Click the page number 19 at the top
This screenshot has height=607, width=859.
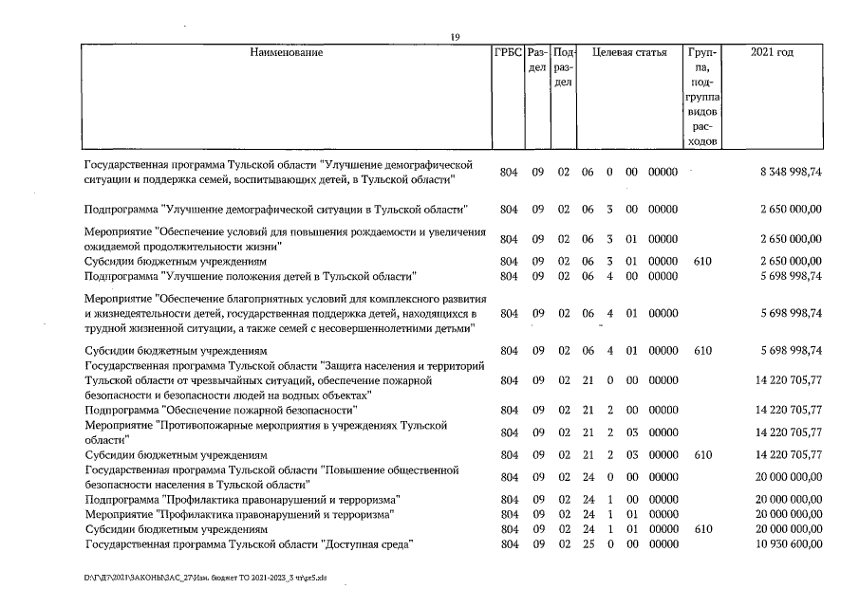(x=456, y=36)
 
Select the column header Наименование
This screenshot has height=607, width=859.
(x=286, y=52)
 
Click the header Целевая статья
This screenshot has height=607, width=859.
(x=629, y=52)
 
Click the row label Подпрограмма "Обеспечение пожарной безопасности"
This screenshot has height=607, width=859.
(x=220, y=410)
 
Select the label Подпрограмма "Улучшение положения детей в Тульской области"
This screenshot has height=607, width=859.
(x=251, y=276)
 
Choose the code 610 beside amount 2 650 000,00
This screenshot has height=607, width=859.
(x=702, y=261)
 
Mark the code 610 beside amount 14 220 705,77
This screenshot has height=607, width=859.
(x=702, y=455)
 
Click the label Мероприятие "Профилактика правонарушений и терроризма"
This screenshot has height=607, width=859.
(x=239, y=514)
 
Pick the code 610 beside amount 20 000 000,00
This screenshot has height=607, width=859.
(x=702, y=528)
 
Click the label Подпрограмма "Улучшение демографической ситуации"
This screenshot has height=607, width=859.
(x=275, y=209)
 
